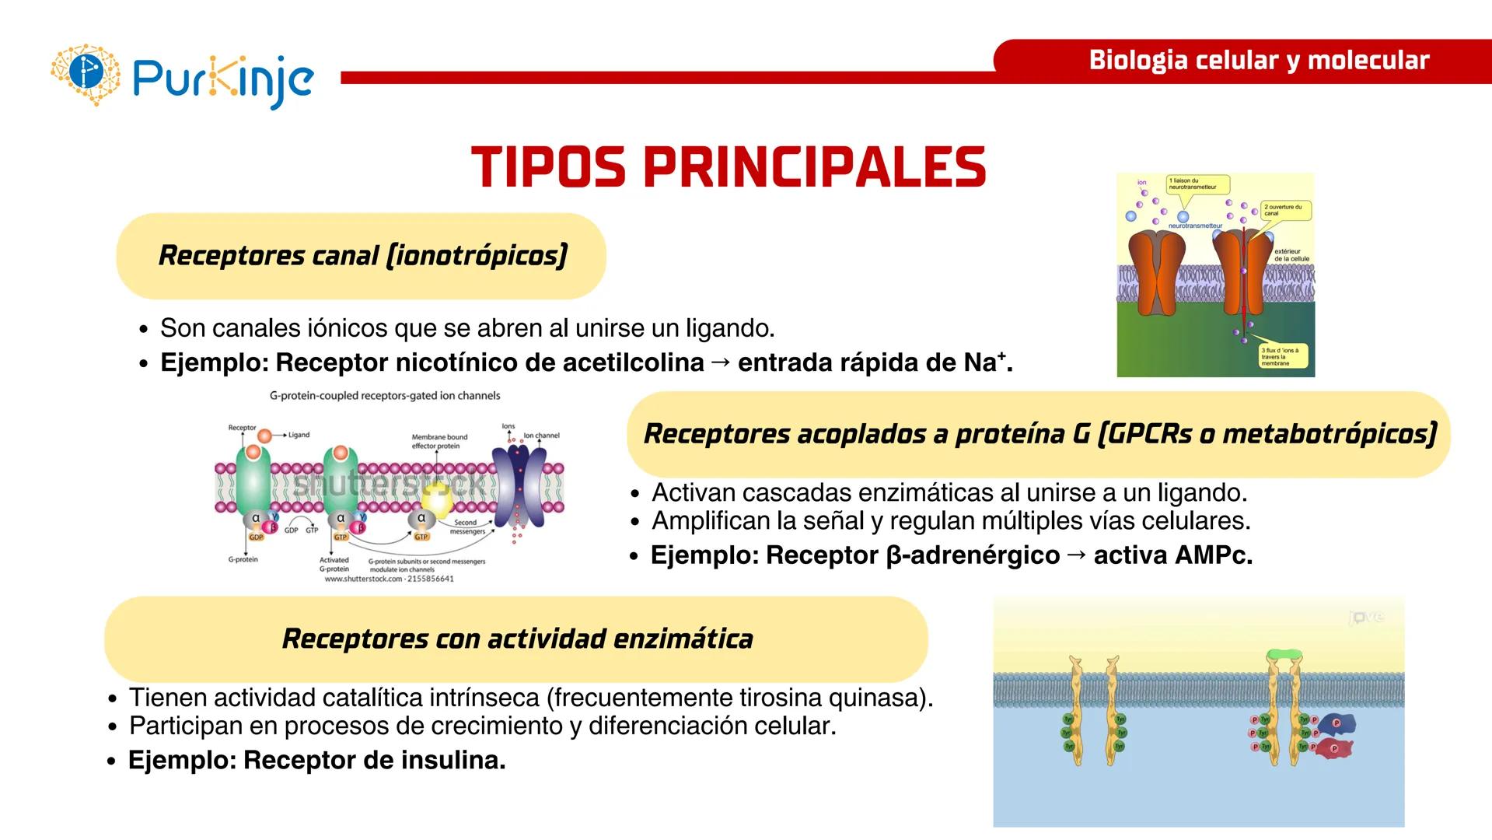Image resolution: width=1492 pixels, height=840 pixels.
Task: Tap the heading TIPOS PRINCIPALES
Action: click(729, 167)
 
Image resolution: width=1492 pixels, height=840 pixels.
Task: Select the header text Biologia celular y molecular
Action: click(1259, 60)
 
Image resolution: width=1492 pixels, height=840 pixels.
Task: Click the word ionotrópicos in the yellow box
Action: click(476, 255)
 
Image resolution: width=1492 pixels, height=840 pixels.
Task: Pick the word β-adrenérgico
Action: click(973, 555)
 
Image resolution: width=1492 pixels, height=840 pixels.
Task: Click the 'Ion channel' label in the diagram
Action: click(541, 436)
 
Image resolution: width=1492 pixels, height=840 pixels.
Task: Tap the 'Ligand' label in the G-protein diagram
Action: click(299, 435)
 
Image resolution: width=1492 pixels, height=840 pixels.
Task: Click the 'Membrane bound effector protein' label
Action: click(439, 441)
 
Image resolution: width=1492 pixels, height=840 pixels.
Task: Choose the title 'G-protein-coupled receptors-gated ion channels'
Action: click(385, 396)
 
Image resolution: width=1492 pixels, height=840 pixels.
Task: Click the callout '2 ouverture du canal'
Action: click(1285, 210)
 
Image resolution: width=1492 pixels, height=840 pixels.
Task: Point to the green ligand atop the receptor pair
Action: click(1284, 655)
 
